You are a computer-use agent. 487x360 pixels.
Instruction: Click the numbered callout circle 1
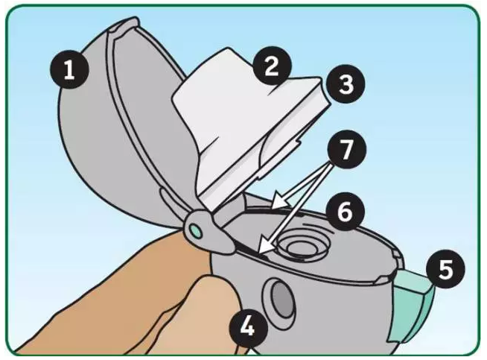(69, 69)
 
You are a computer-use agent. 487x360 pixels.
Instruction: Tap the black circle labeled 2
(272, 66)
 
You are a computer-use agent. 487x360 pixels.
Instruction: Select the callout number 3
(346, 84)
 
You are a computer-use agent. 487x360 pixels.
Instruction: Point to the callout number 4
(248, 327)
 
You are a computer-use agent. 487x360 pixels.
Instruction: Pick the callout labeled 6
(345, 212)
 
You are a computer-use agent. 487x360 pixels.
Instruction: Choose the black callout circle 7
(347, 150)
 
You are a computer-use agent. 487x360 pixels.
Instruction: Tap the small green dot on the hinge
(196, 230)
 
